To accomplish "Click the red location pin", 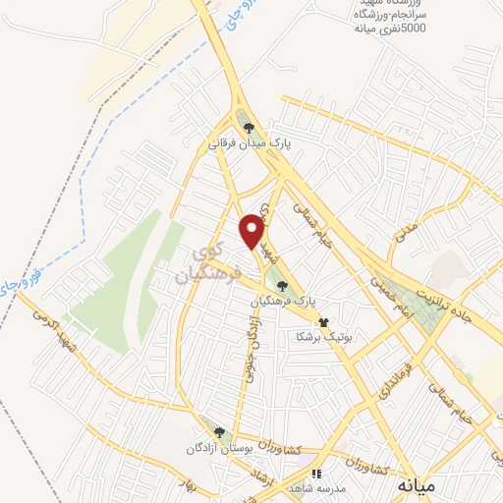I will [x=252, y=230].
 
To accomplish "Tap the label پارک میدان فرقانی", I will [x=249, y=142].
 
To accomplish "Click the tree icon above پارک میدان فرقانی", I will [x=249, y=127].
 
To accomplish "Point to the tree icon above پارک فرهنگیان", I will [x=283, y=285].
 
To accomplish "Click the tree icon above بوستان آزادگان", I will [x=219, y=432].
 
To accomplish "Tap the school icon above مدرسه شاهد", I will [x=315, y=473].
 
